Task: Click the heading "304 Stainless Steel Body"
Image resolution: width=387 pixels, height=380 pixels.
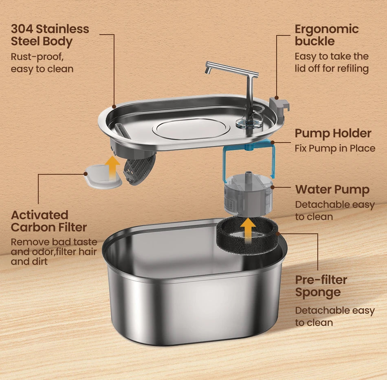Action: [x=50, y=35]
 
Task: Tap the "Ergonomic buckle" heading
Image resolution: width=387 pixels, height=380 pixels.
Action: [x=326, y=35]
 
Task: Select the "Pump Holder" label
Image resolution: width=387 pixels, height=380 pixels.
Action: [x=333, y=133]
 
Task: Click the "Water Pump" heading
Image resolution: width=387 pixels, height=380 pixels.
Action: [x=332, y=189]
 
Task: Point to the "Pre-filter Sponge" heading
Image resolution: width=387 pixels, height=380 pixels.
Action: [x=321, y=286]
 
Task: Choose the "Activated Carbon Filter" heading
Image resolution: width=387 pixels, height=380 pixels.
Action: [x=49, y=221]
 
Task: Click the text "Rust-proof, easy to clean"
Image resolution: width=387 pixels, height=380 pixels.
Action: [x=42, y=62]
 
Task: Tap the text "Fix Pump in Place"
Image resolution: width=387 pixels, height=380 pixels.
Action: [x=335, y=148]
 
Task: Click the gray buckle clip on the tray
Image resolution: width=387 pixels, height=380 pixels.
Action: [x=279, y=105]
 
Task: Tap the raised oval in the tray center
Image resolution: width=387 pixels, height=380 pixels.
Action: [x=191, y=128]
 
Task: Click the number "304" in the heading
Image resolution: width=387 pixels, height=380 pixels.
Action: [x=22, y=29]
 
